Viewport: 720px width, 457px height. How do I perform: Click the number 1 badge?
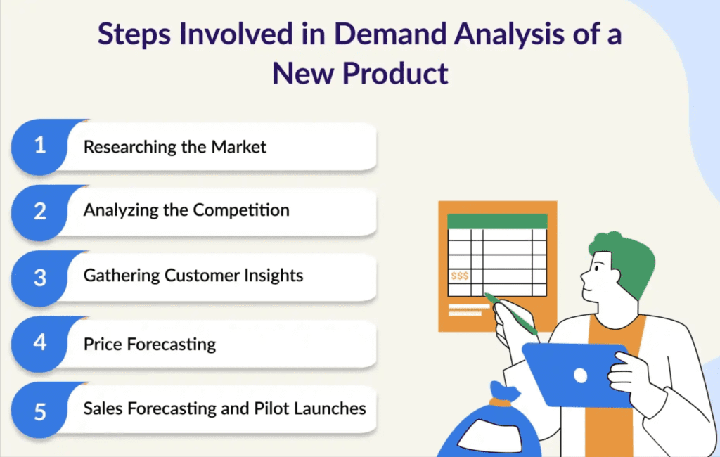pos(40,147)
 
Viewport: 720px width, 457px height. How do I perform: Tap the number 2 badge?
pos(40,212)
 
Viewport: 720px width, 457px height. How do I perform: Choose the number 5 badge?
pos(40,410)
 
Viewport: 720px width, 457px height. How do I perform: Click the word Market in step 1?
pos(238,147)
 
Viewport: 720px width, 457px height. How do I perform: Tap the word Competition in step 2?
pos(241,210)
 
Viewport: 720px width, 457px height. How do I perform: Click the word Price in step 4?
pos(103,344)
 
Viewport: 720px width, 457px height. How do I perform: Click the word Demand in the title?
pos(390,34)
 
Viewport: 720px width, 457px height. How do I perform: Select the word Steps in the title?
pos(134,35)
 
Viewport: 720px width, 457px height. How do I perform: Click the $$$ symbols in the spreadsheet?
pos(460,276)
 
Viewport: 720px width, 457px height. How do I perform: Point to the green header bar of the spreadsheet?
pos(497,221)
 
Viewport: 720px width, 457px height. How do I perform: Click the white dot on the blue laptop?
pos(580,375)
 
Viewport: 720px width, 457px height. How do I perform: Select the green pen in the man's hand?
pos(511,314)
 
